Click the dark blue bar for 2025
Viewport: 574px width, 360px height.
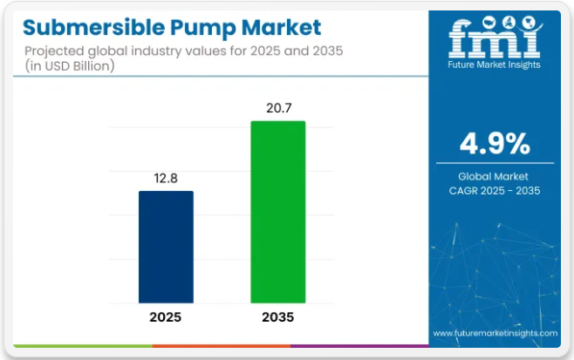pos(166,247)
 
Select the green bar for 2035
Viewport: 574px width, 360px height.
pos(278,212)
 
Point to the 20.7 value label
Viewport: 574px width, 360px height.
pos(278,106)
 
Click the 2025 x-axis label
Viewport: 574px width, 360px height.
pos(166,317)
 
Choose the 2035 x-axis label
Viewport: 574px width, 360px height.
pos(278,317)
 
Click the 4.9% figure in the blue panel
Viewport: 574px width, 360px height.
pos(494,142)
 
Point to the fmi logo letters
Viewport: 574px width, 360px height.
pos(494,39)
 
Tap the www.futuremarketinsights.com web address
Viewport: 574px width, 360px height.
pos(495,333)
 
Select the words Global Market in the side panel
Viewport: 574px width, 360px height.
pos(494,176)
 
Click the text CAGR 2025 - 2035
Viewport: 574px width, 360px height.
pos(494,190)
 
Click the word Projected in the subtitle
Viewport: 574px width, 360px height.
pos(56,51)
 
